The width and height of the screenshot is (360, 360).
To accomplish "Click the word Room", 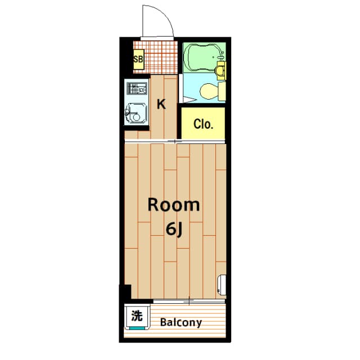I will click(x=173, y=205).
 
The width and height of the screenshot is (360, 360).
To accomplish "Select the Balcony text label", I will click(x=181, y=323).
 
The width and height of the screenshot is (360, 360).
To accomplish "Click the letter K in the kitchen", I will click(x=161, y=104).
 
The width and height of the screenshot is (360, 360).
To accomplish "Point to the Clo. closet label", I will click(x=203, y=124).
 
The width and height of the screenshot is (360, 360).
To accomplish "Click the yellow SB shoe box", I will click(x=138, y=58).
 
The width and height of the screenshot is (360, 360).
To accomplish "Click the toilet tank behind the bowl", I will click(x=221, y=90).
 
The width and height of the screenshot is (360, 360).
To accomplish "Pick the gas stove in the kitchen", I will click(x=137, y=90).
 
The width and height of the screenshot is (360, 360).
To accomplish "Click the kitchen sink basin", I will click(x=136, y=114).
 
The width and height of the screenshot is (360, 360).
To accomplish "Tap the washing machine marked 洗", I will click(x=137, y=316).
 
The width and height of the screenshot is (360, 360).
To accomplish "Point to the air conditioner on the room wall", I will click(x=222, y=284).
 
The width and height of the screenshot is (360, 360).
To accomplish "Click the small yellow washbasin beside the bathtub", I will click(x=221, y=69).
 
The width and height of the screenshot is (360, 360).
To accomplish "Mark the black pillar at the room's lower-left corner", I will click(x=125, y=292).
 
